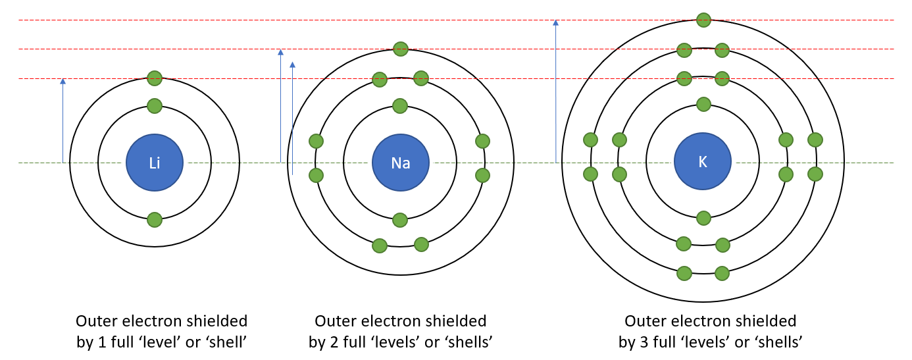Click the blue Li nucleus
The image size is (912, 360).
click(155, 163)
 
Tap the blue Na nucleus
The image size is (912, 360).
click(400, 163)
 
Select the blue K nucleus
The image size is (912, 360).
click(703, 162)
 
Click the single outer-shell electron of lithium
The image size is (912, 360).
click(155, 78)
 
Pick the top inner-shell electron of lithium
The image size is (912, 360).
click(155, 105)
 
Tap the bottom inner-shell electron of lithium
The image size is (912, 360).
click(155, 219)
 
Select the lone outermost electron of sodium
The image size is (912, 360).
click(400, 48)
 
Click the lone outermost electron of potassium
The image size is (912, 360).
click(703, 20)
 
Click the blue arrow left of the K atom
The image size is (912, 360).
click(556, 91)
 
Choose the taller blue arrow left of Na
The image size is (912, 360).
click(281, 105)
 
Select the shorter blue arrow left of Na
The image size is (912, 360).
click(293, 118)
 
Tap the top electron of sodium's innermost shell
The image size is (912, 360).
click(400, 105)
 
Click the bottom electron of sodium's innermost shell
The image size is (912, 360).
click(400, 219)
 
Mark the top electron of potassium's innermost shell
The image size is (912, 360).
click(703, 104)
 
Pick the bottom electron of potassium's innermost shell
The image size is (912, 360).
click(703, 218)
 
